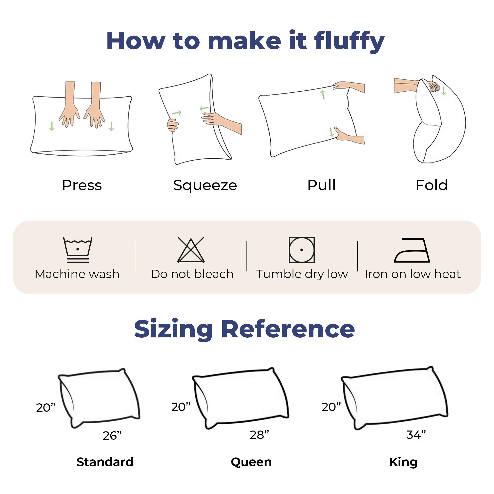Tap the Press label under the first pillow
tap(82, 185)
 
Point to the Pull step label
tap(321, 185)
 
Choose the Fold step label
tap(432, 185)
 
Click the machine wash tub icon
tap(78, 250)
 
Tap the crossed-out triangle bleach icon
tap(191, 250)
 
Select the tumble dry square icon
tap(302, 250)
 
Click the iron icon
tap(412, 250)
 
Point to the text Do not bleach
tap(192, 274)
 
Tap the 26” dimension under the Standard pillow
tap(112, 435)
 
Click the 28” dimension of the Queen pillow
tap(260, 435)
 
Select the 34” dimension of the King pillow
tap(416, 434)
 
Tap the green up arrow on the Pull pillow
tap(323, 94)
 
